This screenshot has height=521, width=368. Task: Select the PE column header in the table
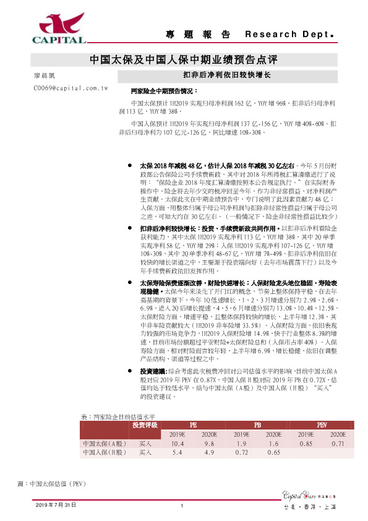click(193, 426)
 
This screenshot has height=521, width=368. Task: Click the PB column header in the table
click(257, 426)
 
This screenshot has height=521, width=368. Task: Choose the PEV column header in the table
click(321, 426)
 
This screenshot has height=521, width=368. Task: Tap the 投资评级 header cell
click(145, 426)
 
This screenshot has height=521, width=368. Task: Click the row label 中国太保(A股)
click(103, 444)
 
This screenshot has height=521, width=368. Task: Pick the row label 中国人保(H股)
click(103, 452)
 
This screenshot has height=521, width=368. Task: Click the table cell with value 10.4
click(178, 444)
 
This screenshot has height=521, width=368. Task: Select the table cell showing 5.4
click(178, 452)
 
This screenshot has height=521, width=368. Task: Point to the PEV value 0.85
click(306, 444)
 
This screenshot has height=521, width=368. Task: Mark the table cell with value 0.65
click(273, 452)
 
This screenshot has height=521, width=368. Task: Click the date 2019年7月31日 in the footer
click(56, 506)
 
